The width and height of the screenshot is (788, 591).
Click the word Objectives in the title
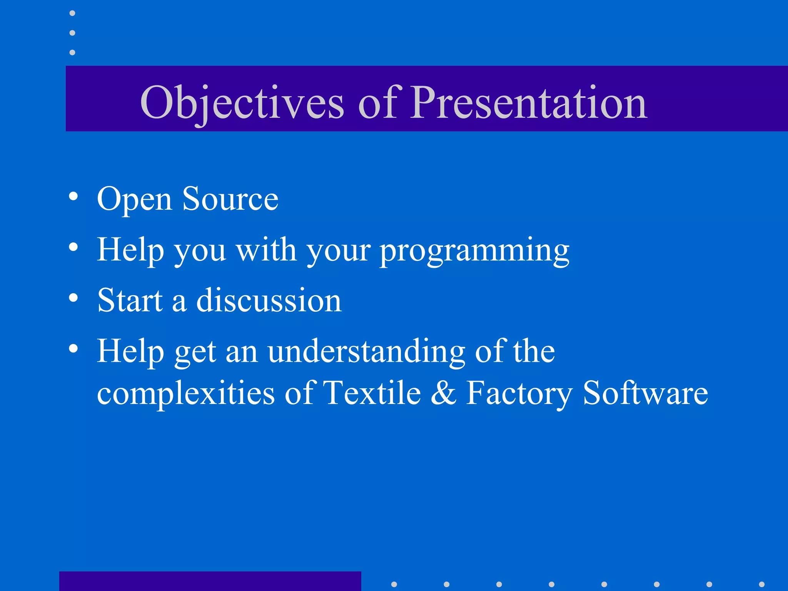point(242,102)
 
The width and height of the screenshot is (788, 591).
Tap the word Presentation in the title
point(529,102)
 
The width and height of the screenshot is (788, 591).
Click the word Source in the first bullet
point(230,199)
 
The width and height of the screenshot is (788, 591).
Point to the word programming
point(474,251)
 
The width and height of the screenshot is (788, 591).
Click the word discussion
point(269,301)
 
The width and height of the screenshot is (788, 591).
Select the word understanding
point(367,351)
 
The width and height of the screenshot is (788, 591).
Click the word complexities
point(186,394)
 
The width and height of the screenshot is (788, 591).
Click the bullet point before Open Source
point(73,197)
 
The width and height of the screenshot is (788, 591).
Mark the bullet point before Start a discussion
point(73,297)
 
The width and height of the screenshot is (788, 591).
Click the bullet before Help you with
point(73,247)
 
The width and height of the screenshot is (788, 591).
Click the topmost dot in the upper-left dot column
point(72,13)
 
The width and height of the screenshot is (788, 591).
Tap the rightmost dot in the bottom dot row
point(761,584)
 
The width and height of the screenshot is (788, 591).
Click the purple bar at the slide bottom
point(210,581)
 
